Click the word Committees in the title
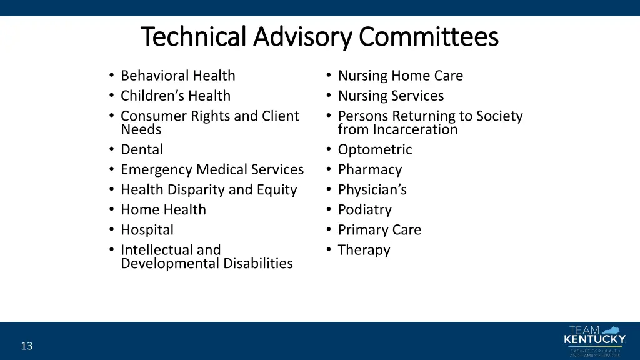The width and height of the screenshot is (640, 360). coord(428,37)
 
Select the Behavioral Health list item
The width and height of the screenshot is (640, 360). coord(177,76)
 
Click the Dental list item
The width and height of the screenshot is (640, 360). coord(141,149)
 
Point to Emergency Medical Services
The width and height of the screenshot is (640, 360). coord(212,169)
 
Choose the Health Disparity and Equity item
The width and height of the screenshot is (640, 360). coord(209,189)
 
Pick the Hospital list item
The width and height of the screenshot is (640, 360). coord(147,229)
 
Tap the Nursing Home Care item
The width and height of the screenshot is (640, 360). coord(400,76)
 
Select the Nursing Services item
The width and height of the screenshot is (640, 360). coord(391,96)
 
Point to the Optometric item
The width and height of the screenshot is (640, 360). coord(375,149)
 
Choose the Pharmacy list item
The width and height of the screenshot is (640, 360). coord(369,169)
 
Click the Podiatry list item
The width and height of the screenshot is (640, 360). coord(364,209)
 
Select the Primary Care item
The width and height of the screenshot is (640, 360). coord(379,229)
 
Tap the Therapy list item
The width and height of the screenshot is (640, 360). coord(364,250)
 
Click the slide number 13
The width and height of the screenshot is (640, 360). coord(26,346)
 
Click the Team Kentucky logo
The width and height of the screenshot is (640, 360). coord(594,341)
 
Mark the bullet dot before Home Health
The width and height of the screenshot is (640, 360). coord(111,209)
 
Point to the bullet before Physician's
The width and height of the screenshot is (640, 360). coord(328,189)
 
